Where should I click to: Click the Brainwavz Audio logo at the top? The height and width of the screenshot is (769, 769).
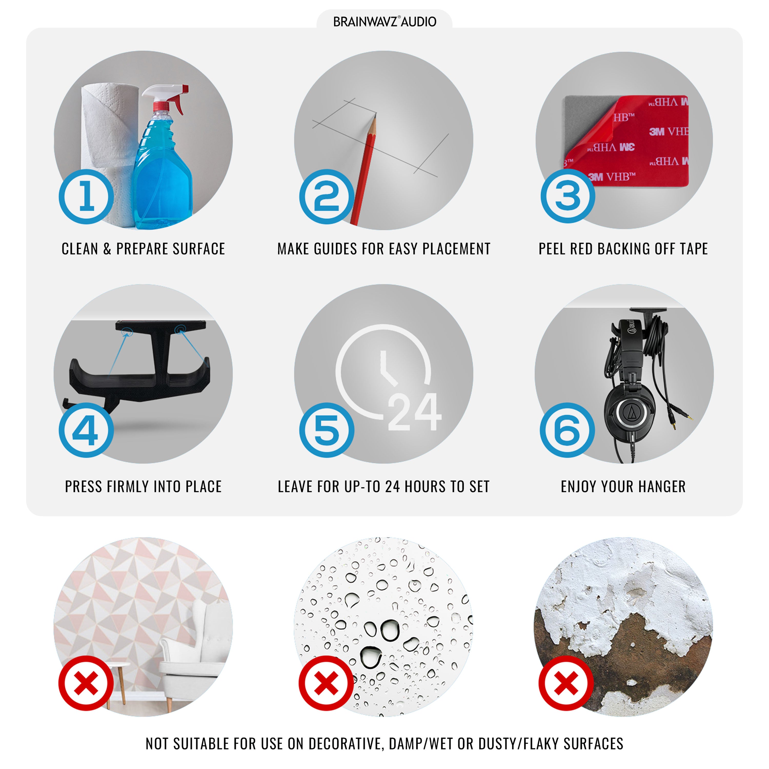(385, 22)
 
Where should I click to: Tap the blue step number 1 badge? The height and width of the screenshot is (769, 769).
(86, 197)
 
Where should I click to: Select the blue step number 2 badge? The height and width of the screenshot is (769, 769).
(327, 197)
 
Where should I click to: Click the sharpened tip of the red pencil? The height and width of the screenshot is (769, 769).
(375, 115)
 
